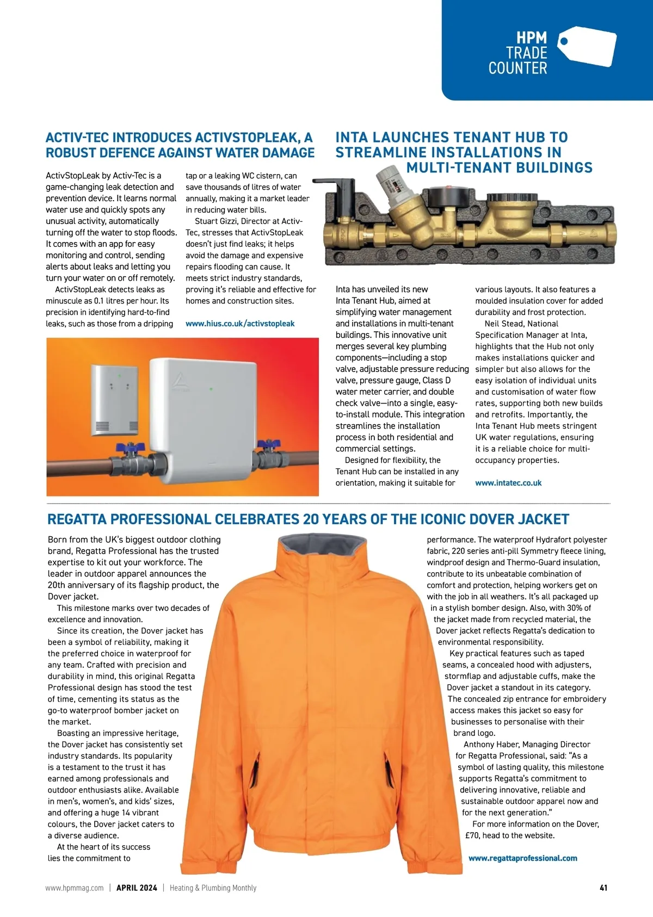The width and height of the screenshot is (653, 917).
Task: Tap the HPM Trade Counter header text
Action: coord(518,53)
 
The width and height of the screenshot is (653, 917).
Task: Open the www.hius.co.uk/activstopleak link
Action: coord(240,324)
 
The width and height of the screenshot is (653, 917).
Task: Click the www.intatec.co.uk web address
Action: coord(508,483)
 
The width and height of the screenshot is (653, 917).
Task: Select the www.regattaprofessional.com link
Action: coord(522,858)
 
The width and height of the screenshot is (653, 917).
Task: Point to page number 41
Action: coord(603,888)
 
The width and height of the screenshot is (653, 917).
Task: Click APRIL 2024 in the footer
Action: coord(137,888)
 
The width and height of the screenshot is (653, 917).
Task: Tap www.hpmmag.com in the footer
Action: coord(74,888)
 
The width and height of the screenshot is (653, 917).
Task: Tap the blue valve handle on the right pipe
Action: coord(267,444)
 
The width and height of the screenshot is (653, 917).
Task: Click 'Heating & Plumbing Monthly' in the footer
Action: coord(213,888)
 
